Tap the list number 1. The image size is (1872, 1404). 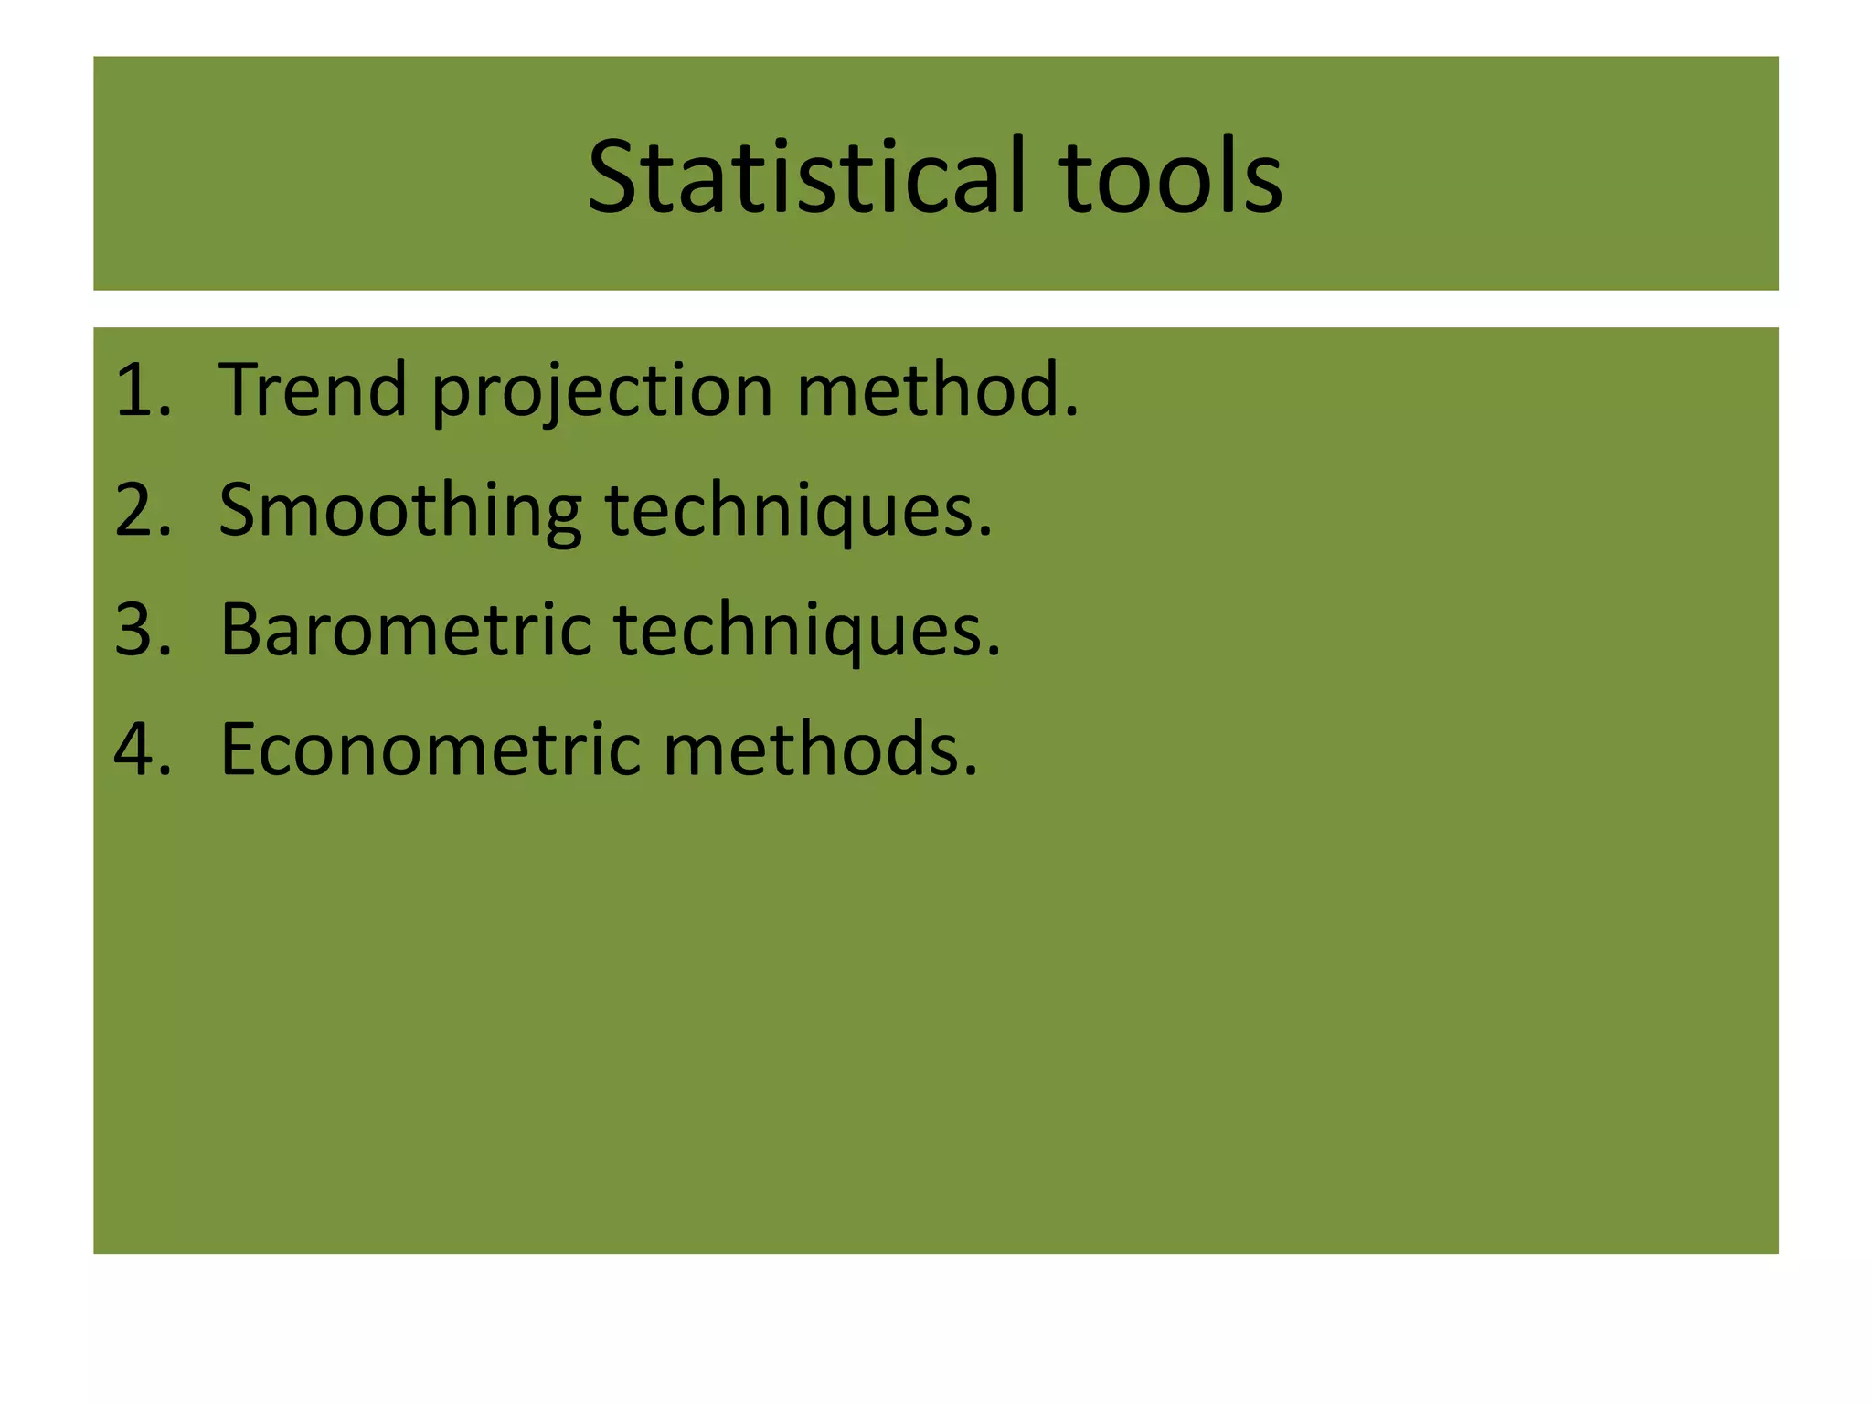pyautogui.click(x=136, y=390)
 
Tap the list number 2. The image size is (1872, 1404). pyautogui.click(x=138, y=510)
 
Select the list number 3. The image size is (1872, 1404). pyautogui.click(x=138, y=630)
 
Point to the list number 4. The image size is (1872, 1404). pyautogui.click(x=138, y=750)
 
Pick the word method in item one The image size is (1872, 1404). pyautogui.click(x=930, y=390)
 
